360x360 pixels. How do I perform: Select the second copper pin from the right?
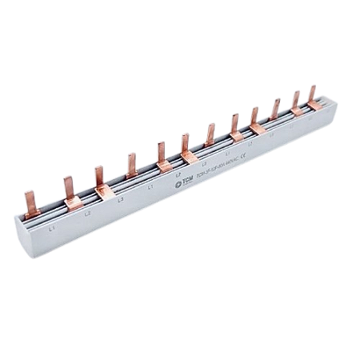click(x=295, y=99)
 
